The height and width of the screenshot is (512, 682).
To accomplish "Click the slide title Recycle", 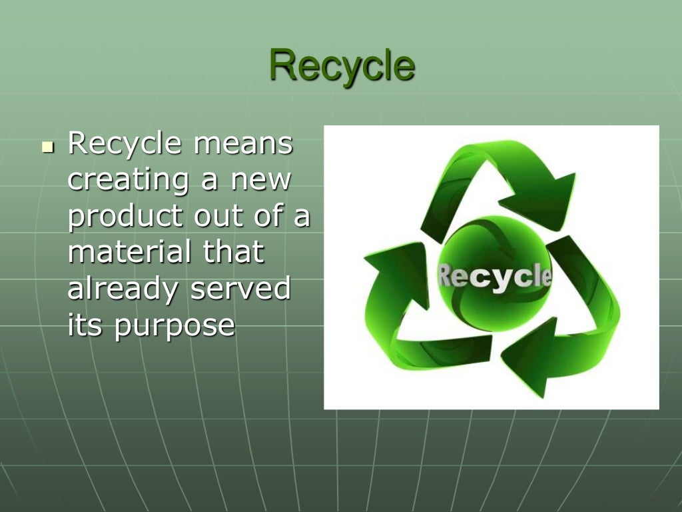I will (342, 66).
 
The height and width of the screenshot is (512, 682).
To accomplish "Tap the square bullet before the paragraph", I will (46, 146).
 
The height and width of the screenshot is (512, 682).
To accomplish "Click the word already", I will (123, 291).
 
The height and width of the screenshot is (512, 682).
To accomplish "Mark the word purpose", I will (174, 327).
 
